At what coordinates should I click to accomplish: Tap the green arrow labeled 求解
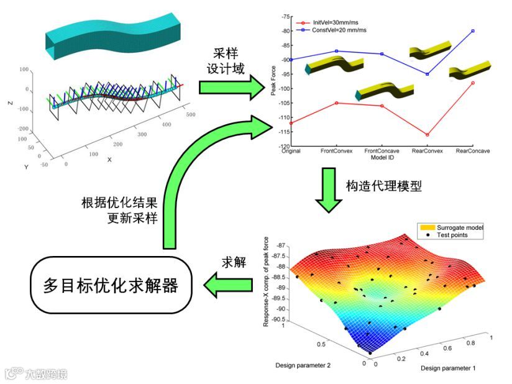229,285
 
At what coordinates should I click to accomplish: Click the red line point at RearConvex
427,135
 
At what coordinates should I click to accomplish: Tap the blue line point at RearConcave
473,30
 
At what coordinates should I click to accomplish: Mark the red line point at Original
291,123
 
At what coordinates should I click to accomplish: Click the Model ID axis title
382,157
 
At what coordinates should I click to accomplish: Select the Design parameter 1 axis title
448,368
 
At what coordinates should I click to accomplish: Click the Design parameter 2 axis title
303,365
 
